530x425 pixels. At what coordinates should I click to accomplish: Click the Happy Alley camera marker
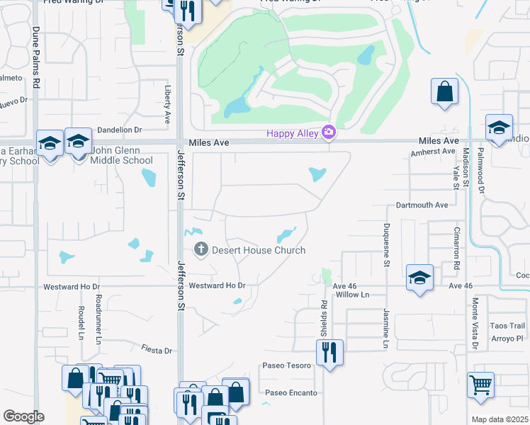click(x=328, y=132)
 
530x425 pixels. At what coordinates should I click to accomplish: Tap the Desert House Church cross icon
click(x=201, y=249)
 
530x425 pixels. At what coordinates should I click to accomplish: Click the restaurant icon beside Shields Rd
click(x=329, y=351)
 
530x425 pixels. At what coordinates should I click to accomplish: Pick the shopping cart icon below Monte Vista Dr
click(x=480, y=385)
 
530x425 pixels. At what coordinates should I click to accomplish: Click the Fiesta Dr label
click(x=157, y=350)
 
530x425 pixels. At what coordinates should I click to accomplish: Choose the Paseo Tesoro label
click(x=286, y=365)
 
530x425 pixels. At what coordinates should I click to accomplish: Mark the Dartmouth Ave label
click(x=422, y=205)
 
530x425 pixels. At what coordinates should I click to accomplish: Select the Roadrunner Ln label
click(x=98, y=316)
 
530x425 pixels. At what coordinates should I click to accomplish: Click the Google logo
click(x=23, y=416)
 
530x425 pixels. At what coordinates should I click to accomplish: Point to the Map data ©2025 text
click(x=500, y=419)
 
